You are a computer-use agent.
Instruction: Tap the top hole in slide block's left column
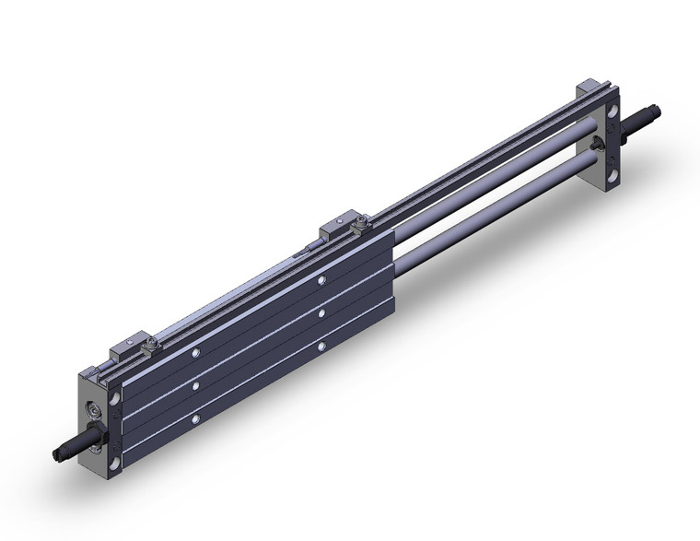[x=196, y=352]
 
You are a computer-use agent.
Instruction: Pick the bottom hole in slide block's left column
[x=196, y=420]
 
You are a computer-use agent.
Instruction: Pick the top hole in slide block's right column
[x=321, y=280]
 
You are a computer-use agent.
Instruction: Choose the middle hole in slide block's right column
[x=321, y=314]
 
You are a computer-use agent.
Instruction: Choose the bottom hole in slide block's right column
[x=321, y=347]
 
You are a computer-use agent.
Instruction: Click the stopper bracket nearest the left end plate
[x=125, y=351]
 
